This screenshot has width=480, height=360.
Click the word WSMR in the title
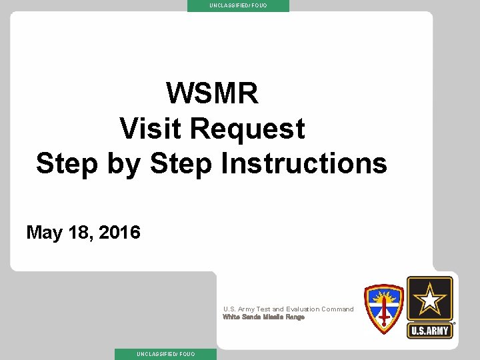coord(212,93)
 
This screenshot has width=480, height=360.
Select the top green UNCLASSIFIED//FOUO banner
coord(238,5)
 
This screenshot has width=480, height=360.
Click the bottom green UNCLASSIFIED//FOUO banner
coord(166,354)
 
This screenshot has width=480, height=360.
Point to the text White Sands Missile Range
coord(263,317)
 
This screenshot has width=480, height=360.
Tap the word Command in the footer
coord(337,309)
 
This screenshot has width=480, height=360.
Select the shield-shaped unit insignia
coord(383,309)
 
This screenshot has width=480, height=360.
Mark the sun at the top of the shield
coord(383,293)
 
